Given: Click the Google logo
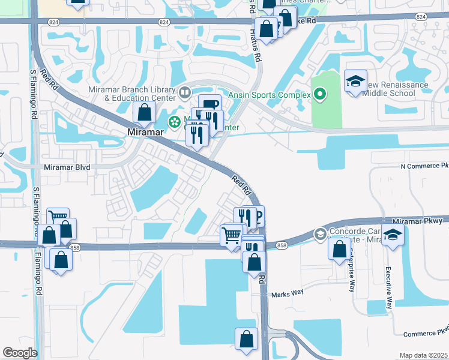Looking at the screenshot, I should pos(20,353).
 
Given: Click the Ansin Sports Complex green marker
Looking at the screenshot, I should pos(320,94).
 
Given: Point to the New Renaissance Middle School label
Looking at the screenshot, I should pos(393,89).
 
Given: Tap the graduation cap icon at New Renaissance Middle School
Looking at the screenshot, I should pos(355,81).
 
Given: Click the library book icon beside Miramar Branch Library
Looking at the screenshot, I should pos(185,92).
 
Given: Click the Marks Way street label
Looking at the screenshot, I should pos(288,293).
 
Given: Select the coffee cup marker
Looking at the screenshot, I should pos(209,105).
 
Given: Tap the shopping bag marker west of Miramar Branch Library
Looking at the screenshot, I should pos(145,112).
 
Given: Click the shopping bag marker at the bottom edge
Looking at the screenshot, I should pos(246,339).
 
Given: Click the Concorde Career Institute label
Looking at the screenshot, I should pos(360,234).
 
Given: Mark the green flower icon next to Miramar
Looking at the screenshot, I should pos(174,122).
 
